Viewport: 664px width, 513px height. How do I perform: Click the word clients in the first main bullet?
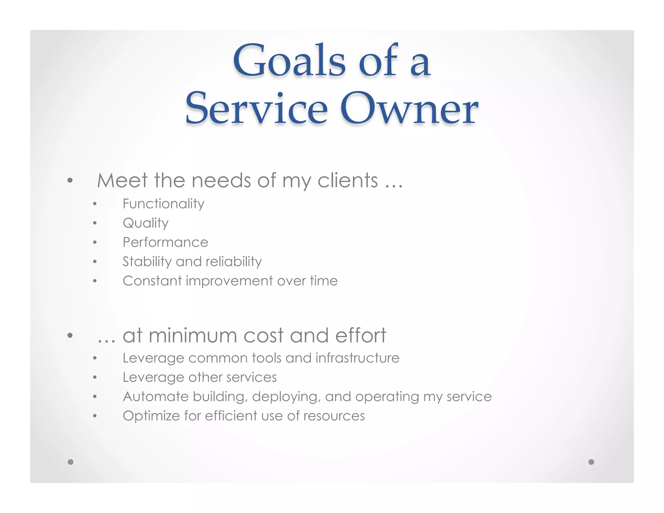[x=348, y=180]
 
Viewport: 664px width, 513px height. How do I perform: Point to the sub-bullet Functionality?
[x=163, y=204]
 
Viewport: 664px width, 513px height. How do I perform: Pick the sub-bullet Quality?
[x=146, y=223]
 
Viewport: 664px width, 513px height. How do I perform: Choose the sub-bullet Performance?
[x=165, y=242]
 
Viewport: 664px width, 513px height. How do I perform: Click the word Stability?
[x=147, y=262]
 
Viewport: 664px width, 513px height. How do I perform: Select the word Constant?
[x=152, y=281]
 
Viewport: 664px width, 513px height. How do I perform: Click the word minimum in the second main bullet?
[x=193, y=335]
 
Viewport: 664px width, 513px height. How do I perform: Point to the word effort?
[x=361, y=335]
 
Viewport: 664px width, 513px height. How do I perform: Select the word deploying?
[x=287, y=397]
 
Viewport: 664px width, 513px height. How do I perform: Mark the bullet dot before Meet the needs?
[x=70, y=180]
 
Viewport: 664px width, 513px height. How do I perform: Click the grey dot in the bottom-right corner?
[x=591, y=462]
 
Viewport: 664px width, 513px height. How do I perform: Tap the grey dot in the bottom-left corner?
[x=71, y=462]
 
